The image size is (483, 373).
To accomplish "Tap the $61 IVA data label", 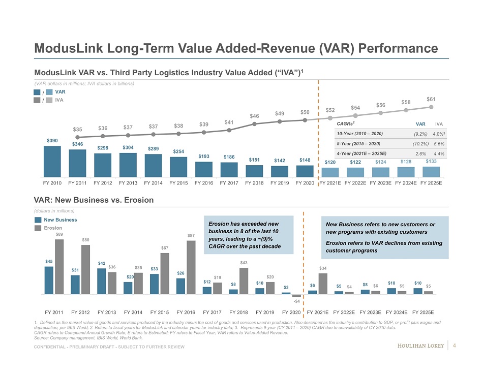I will (431, 99).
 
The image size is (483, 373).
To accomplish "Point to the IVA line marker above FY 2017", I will (229, 130).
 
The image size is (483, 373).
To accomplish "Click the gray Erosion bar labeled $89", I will (59, 266).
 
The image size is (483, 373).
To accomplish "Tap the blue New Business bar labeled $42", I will (102, 281).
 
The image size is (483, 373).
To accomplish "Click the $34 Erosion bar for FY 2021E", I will (322, 284).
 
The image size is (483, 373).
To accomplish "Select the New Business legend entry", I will (60, 220).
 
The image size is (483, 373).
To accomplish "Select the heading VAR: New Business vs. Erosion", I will (94, 200).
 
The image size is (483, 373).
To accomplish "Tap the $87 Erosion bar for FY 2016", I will (191, 267).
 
